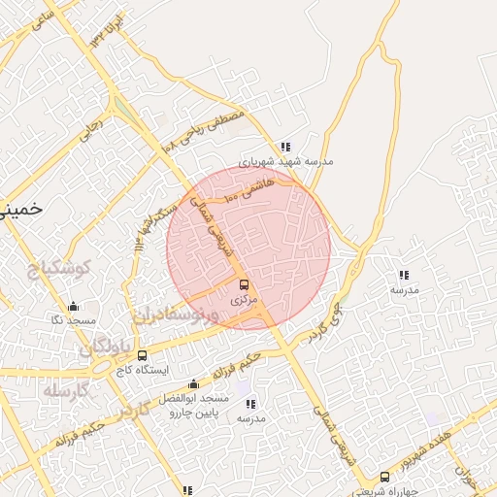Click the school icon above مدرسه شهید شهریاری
284,147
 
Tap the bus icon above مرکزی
244,285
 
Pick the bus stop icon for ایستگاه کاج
143,355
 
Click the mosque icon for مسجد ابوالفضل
193,383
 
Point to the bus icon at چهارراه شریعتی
385,477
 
